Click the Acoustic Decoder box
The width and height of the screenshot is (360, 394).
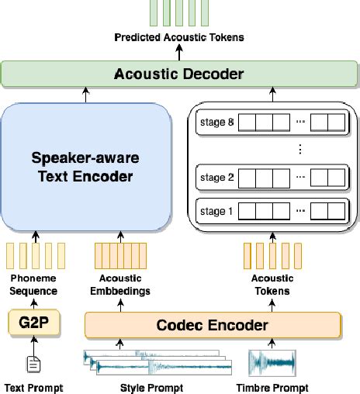179,74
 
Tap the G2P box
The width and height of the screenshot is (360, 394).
33,323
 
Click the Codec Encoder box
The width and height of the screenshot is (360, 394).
212,323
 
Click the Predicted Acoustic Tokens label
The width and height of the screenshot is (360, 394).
179,37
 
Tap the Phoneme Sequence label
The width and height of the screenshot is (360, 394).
33,285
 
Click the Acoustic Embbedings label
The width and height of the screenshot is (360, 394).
120,285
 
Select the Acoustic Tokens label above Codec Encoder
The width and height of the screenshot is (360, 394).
272,285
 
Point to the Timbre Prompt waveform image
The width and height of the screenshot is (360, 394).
272,362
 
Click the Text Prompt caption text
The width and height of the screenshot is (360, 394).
33,387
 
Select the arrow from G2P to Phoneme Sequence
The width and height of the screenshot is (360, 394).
33,303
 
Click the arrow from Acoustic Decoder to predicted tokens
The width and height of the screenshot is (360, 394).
179,53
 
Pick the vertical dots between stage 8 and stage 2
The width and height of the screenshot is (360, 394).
299,149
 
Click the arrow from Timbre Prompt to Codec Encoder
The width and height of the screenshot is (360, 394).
272,342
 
